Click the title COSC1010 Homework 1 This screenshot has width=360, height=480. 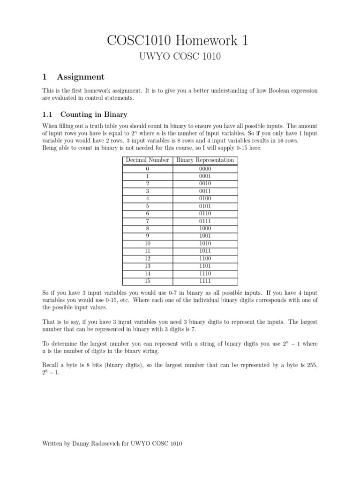180,41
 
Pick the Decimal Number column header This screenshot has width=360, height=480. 147,160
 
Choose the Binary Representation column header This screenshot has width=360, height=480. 205,160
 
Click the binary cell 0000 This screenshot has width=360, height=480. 205,169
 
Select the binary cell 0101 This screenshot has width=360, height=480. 205,206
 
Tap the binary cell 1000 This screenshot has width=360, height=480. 205,229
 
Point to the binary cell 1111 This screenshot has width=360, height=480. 205,281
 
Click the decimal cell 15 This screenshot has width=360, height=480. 147,281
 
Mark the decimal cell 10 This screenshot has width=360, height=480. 147,244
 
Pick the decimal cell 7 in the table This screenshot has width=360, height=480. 147,221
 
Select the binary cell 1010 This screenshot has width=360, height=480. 205,244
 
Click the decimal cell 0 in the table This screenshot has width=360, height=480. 147,169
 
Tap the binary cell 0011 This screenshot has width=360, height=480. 205,191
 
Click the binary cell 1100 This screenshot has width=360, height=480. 205,259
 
